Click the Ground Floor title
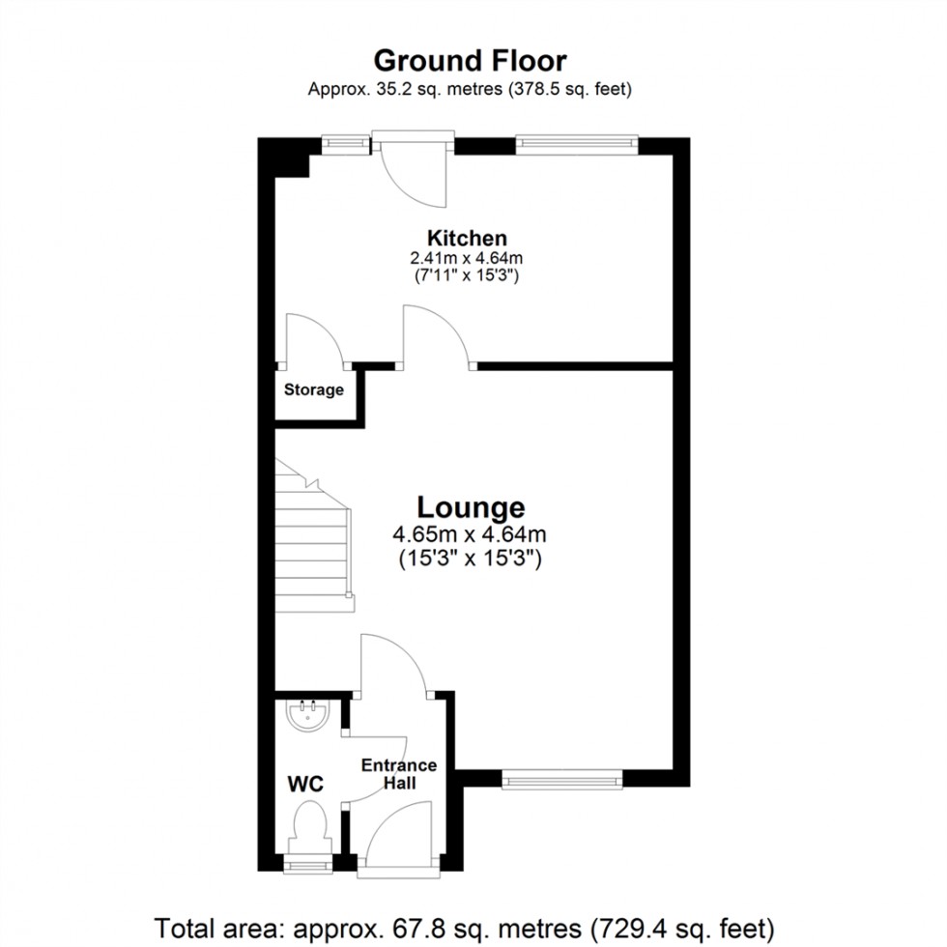tap(470, 61)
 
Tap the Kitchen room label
tap(468, 238)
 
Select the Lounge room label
tap(471, 507)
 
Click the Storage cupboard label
tap(314, 390)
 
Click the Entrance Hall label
tap(399, 774)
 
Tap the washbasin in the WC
tap(309, 715)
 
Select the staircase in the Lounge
tap(312, 541)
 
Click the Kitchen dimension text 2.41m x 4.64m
tap(468, 258)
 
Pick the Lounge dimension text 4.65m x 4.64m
tap(471, 533)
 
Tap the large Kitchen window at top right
tap(577, 143)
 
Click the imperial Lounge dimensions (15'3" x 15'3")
tap(471, 558)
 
